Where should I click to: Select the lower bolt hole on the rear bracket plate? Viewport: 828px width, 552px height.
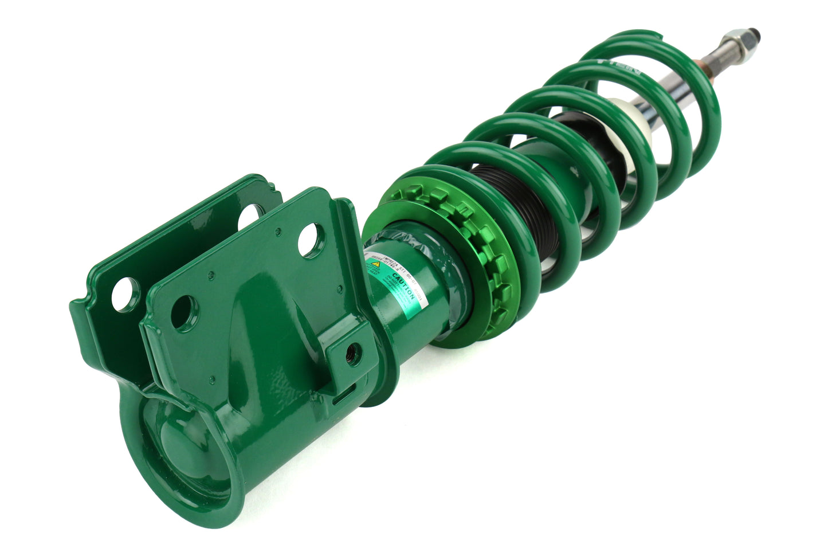[125, 293]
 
